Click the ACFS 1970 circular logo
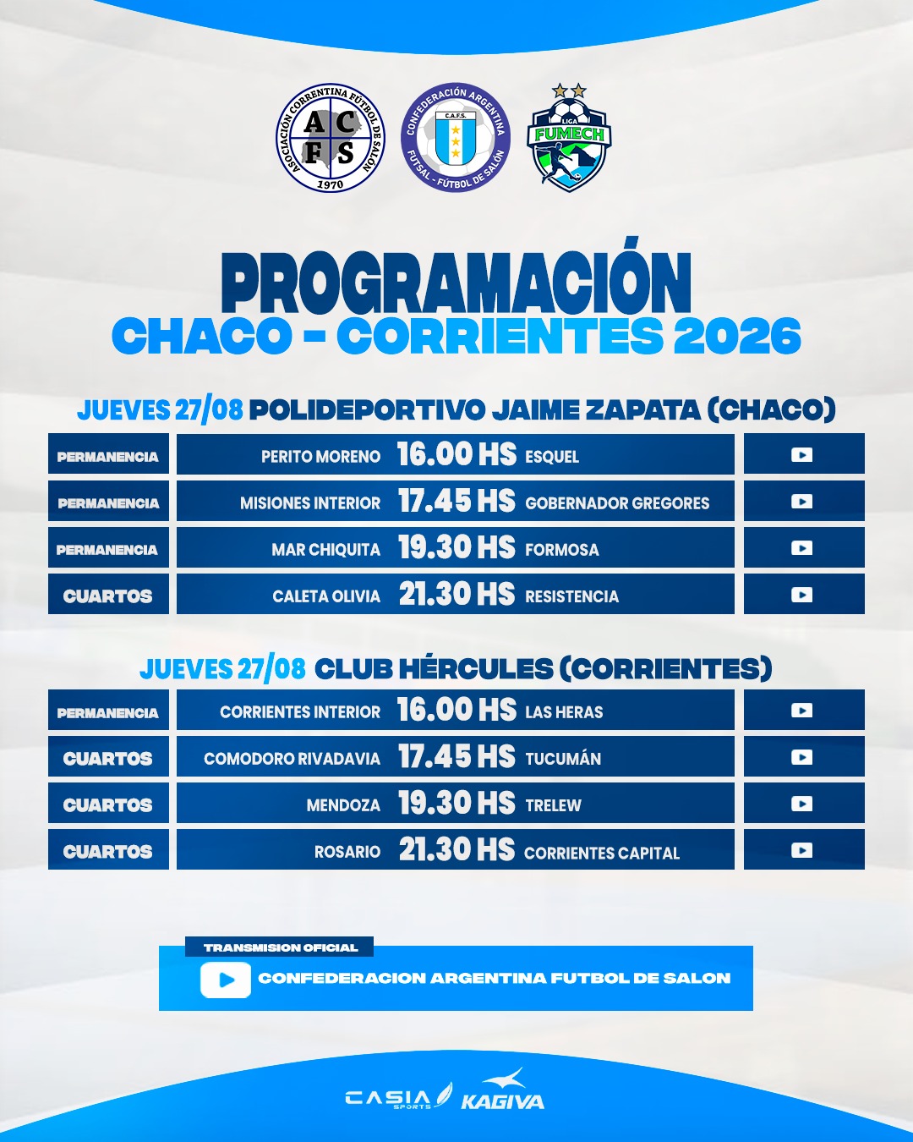tap(330, 137)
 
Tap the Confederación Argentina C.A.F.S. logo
tap(455, 137)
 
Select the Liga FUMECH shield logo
tap(569, 137)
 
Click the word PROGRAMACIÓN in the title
tap(456, 282)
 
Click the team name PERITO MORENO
tap(320, 456)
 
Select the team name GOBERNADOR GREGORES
tap(617, 503)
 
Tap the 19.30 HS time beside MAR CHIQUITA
tap(456, 547)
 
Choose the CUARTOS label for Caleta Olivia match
tap(107, 596)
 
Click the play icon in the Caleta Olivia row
tap(801, 595)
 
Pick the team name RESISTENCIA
tap(571, 596)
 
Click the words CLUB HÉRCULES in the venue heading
tap(434, 668)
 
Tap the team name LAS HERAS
tap(564, 712)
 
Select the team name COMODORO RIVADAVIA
tap(292, 759)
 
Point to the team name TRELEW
tap(554, 805)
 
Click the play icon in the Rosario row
tap(801, 850)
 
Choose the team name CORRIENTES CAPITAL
tap(602, 853)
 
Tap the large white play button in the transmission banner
tap(226, 980)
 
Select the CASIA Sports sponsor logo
tap(399, 1097)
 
